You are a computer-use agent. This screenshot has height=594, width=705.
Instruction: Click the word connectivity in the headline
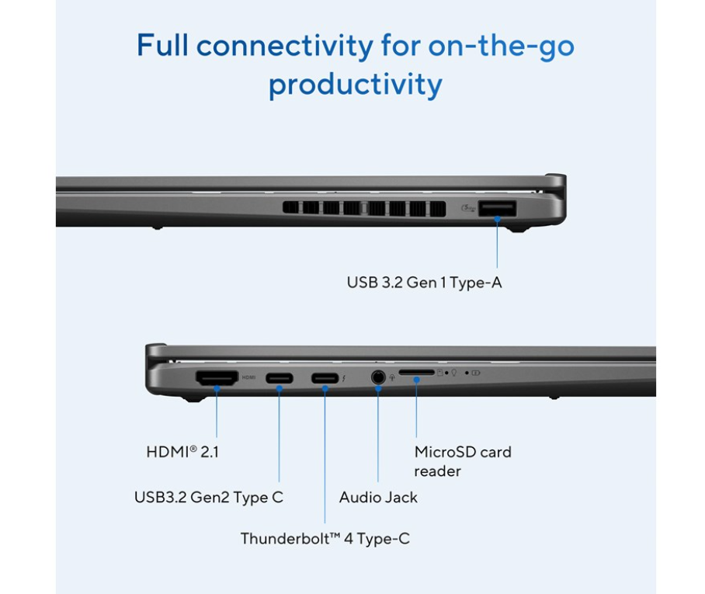click(x=285, y=45)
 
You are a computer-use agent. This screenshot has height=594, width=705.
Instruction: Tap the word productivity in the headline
click(x=355, y=85)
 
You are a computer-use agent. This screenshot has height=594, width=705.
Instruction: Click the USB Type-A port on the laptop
click(x=497, y=209)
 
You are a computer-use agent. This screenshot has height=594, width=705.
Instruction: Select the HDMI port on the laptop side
click(x=217, y=377)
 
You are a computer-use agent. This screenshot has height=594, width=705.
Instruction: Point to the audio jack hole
click(x=378, y=377)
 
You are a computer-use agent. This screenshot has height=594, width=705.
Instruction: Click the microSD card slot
click(x=417, y=373)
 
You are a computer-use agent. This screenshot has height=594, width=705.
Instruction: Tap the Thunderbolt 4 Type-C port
click(x=325, y=378)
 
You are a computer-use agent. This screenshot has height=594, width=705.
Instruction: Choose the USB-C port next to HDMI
click(x=280, y=378)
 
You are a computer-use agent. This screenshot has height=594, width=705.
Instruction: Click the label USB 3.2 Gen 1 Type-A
click(x=424, y=283)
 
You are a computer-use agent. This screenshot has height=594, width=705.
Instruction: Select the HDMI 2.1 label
click(x=182, y=452)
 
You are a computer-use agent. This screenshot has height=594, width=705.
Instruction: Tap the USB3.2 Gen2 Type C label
click(x=209, y=497)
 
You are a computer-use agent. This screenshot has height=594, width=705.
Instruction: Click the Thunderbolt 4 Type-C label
click(x=325, y=539)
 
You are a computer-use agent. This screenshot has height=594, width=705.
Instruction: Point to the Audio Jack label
click(x=378, y=497)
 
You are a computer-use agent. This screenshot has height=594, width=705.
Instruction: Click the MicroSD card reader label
click(x=463, y=461)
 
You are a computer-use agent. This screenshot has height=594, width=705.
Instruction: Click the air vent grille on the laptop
click(x=364, y=208)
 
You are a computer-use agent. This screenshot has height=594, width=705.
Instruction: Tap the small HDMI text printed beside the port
click(x=248, y=377)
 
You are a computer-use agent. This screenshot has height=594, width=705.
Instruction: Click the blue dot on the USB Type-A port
click(x=497, y=219)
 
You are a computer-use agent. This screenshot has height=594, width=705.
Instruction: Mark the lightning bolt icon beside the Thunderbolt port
click(x=344, y=378)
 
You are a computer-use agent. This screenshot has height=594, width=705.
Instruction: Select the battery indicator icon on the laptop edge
click(x=476, y=373)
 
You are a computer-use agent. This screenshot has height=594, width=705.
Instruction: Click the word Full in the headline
click(x=162, y=45)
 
